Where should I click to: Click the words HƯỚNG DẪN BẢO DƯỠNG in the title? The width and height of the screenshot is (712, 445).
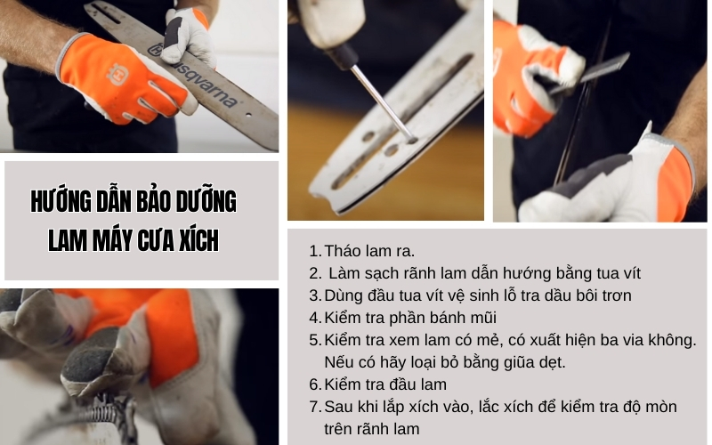(x=133, y=202)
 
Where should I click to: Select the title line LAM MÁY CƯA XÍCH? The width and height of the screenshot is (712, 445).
(x=133, y=240)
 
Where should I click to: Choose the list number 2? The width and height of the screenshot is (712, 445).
(x=314, y=272)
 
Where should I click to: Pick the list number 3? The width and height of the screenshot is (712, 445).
(x=314, y=295)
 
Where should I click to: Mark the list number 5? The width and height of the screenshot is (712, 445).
(x=314, y=340)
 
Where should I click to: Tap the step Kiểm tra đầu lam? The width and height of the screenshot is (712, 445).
(x=385, y=384)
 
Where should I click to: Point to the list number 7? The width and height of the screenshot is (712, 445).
(x=314, y=407)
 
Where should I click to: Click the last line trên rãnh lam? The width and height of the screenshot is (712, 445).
(x=372, y=429)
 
